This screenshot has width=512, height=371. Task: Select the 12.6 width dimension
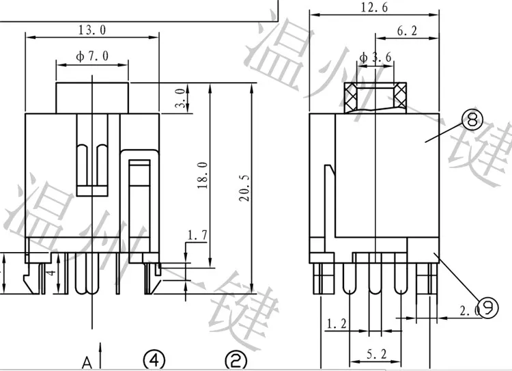click(374, 8)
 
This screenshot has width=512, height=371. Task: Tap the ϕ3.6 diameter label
click(374, 58)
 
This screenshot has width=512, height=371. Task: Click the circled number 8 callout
click(470, 121)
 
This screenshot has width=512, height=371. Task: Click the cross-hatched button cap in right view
click(374, 96)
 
